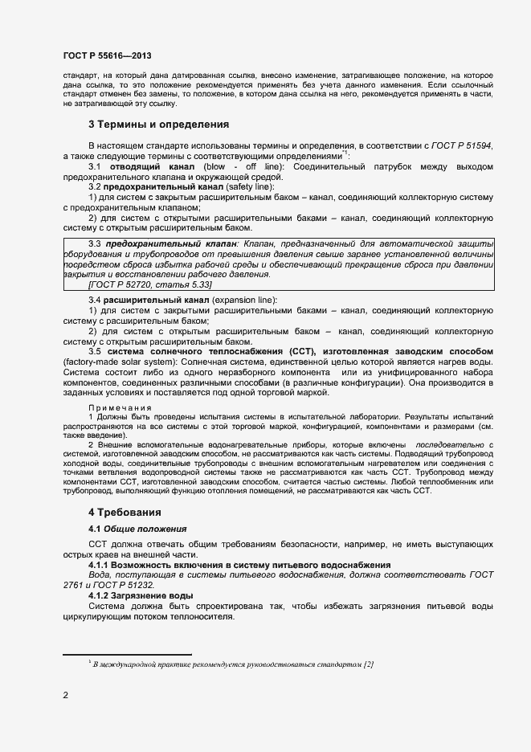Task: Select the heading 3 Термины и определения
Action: (159, 125)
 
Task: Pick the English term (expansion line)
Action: (239, 300)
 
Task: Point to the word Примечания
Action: (118, 408)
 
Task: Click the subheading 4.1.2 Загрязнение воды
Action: (141, 595)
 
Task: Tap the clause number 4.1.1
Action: (100, 565)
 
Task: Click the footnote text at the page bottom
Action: (232, 664)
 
